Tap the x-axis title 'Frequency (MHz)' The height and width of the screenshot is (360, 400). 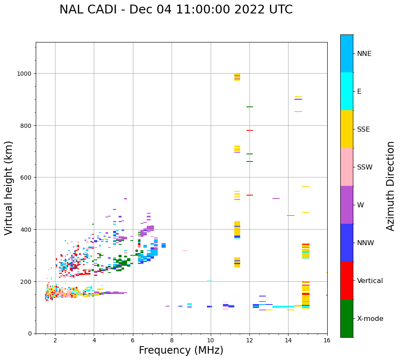(x=181, y=350)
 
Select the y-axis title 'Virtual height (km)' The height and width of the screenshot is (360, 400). (x=9, y=188)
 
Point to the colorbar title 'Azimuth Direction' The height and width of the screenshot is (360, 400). (x=391, y=186)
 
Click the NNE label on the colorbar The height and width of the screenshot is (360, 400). (x=364, y=53)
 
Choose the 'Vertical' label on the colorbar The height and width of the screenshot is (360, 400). (x=370, y=281)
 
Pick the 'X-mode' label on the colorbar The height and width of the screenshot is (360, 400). (x=370, y=318)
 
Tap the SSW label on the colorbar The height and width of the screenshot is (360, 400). (x=365, y=167)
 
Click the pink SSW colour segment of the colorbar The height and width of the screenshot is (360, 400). (x=347, y=167)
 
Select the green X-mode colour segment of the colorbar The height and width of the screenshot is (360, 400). (x=347, y=318)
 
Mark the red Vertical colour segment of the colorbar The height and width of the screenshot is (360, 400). (x=347, y=281)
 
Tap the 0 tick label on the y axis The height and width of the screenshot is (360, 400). (x=30, y=334)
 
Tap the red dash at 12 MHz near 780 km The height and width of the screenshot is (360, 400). (x=249, y=130)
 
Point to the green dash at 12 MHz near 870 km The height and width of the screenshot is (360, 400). (x=249, y=107)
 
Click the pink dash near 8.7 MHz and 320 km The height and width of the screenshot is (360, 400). (x=185, y=251)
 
